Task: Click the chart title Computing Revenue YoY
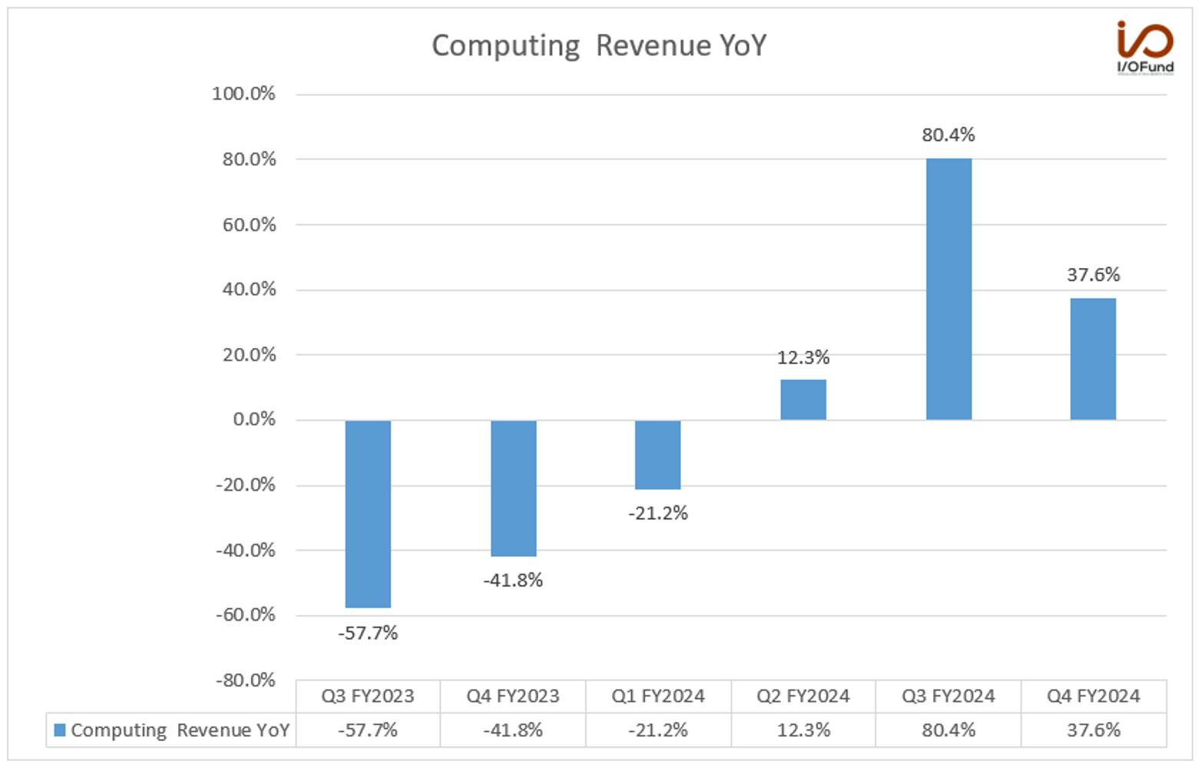coord(599,46)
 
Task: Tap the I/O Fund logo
coord(1145,47)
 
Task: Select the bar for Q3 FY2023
coord(368,514)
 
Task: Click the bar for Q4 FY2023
coord(514,488)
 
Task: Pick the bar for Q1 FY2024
coord(658,455)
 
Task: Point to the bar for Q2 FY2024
coord(803,399)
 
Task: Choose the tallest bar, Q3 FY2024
coord(949,289)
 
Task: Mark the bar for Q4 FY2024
coord(1093,359)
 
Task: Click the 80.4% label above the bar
coord(948,134)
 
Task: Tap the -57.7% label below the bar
coord(368,633)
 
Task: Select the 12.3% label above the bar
coord(803,357)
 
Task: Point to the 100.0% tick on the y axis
coord(243,94)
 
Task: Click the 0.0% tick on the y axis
coord(254,419)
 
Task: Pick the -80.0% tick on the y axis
coord(246,680)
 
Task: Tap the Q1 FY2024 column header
coord(658,696)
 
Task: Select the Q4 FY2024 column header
coord(1093,696)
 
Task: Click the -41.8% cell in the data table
coord(513,730)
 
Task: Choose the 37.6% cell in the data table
coord(1093,730)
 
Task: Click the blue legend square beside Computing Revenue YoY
coord(60,730)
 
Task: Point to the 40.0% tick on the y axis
coord(249,290)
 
